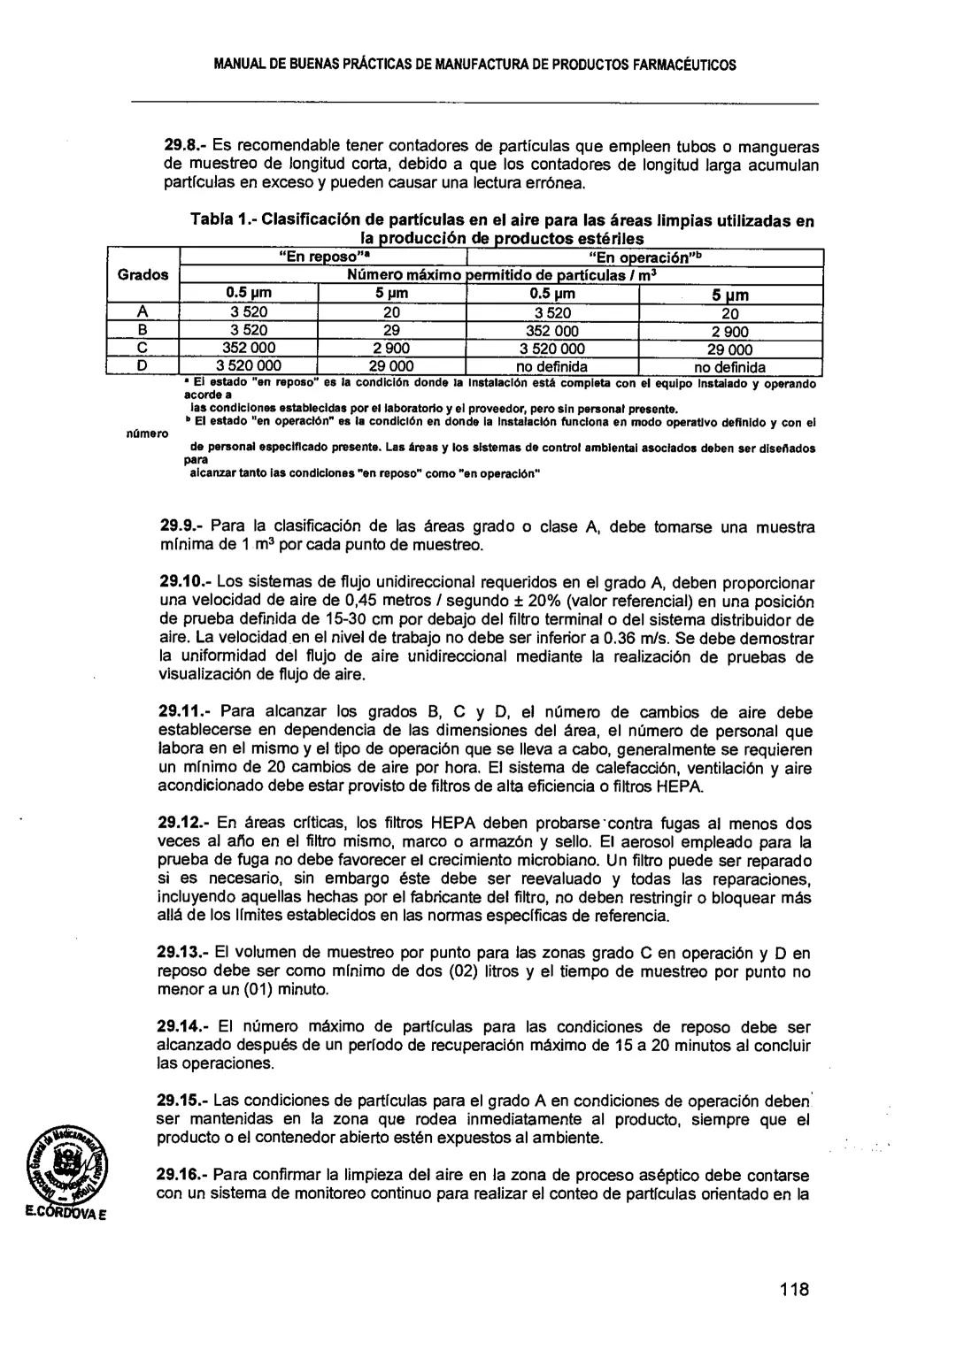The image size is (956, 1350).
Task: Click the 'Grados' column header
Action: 143,274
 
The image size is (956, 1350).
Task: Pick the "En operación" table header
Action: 644,257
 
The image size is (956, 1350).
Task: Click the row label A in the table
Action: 142,311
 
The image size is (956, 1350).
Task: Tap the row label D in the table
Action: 142,365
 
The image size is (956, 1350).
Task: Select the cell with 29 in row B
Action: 391,330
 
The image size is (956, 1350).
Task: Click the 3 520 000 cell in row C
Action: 552,348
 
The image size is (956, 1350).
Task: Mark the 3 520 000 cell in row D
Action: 249,366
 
